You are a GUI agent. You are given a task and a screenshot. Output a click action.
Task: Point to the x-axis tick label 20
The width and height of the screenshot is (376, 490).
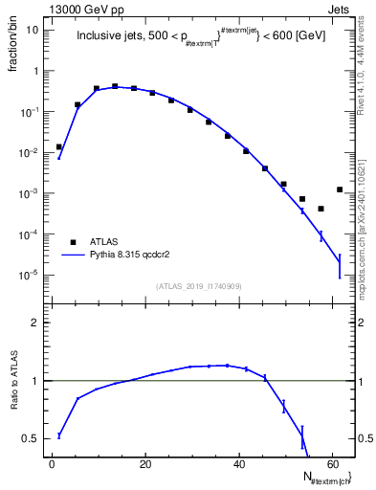point(145,464)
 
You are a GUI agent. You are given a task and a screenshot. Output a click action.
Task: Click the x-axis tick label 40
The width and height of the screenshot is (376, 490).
point(238,464)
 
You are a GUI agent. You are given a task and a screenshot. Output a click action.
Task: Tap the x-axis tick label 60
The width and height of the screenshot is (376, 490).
point(331,464)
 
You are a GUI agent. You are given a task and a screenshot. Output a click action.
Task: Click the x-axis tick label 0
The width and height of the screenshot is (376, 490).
point(53,464)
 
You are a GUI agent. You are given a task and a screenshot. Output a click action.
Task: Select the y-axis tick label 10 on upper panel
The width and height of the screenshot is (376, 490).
point(33,30)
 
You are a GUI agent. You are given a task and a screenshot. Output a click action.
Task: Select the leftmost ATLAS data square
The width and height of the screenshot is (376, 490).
point(58,147)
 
